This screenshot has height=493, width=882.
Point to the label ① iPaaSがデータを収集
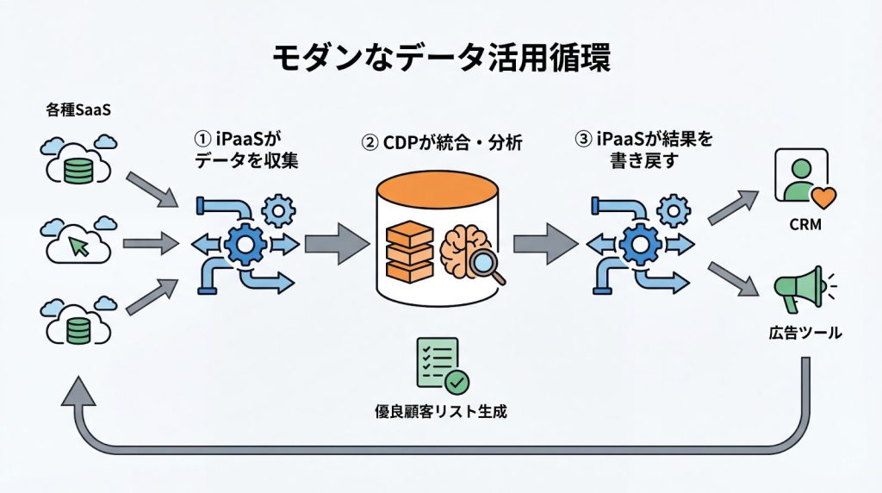[248, 148]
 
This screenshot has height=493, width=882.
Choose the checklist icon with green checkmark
[439, 365]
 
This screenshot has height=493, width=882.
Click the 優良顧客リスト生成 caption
[440, 411]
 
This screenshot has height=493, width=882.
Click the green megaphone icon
[798, 287]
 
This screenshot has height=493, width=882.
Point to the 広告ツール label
[803, 333]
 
